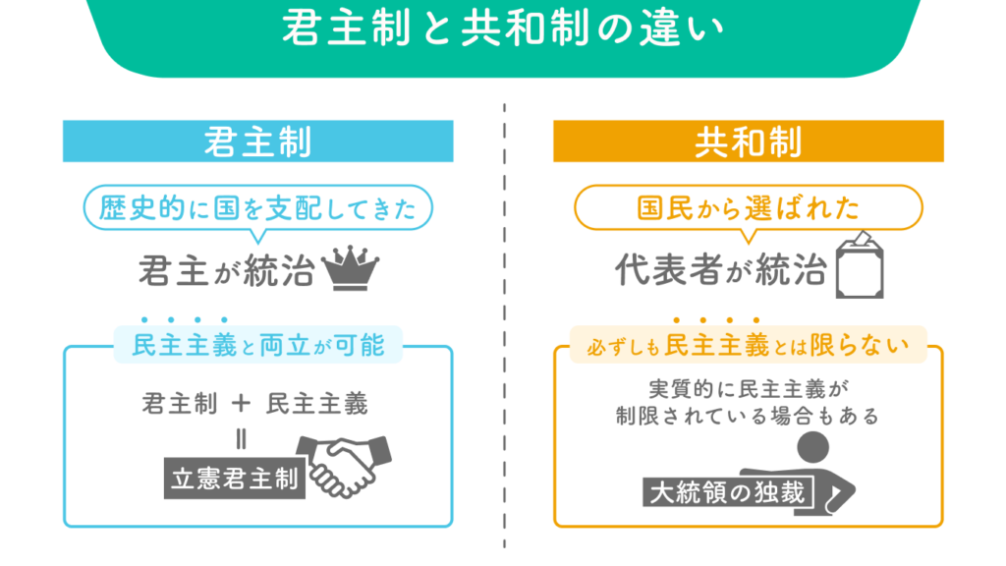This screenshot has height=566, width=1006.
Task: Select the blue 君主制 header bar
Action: tap(257, 141)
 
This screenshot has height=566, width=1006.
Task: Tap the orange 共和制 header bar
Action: tap(748, 141)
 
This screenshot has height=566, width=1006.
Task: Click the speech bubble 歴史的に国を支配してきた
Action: tap(257, 207)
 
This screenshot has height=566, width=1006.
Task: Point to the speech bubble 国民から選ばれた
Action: tap(748, 207)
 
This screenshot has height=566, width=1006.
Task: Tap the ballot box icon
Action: tap(860, 265)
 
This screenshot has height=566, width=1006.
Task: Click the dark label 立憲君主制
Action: tap(234, 479)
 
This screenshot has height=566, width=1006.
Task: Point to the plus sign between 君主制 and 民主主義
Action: tap(242, 402)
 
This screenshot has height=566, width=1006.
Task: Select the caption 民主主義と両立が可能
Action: tap(257, 345)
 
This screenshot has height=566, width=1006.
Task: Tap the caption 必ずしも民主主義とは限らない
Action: tap(748, 345)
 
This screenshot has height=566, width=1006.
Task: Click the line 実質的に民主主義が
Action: tap(748, 388)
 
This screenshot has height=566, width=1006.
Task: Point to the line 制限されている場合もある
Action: tap(748, 416)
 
